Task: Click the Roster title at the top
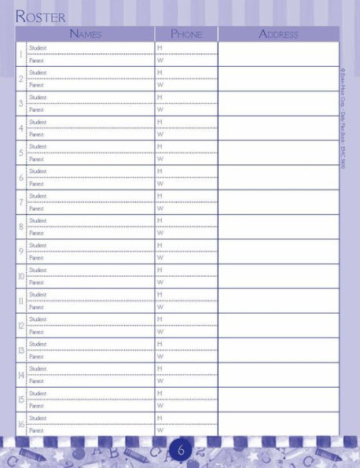pyautogui.click(x=41, y=16)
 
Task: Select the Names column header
pyautogui.click(x=85, y=34)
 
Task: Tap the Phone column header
pyautogui.click(x=186, y=34)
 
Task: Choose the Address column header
pyautogui.click(x=278, y=34)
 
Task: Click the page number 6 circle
pyautogui.click(x=180, y=451)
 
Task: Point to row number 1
pyautogui.click(x=20, y=54)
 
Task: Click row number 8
pyautogui.click(x=20, y=227)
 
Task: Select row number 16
pyautogui.click(x=21, y=424)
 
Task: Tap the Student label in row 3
pyautogui.click(x=38, y=98)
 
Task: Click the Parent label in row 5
pyautogui.click(x=37, y=159)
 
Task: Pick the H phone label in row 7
pyautogui.click(x=160, y=196)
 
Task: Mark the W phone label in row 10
pyautogui.click(x=160, y=282)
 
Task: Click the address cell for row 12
pyautogui.click(x=278, y=326)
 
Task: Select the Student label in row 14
pyautogui.click(x=38, y=368)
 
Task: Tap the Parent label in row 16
pyautogui.click(x=37, y=430)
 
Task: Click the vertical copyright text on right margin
pyautogui.click(x=343, y=118)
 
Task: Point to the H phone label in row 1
pyautogui.click(x=160, y=48)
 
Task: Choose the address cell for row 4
pyautogui.click(x=278, y=128)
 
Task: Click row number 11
pyautogui.click(x=21, y=300)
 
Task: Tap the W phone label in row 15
pyautogui.click(x=160, y=406)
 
